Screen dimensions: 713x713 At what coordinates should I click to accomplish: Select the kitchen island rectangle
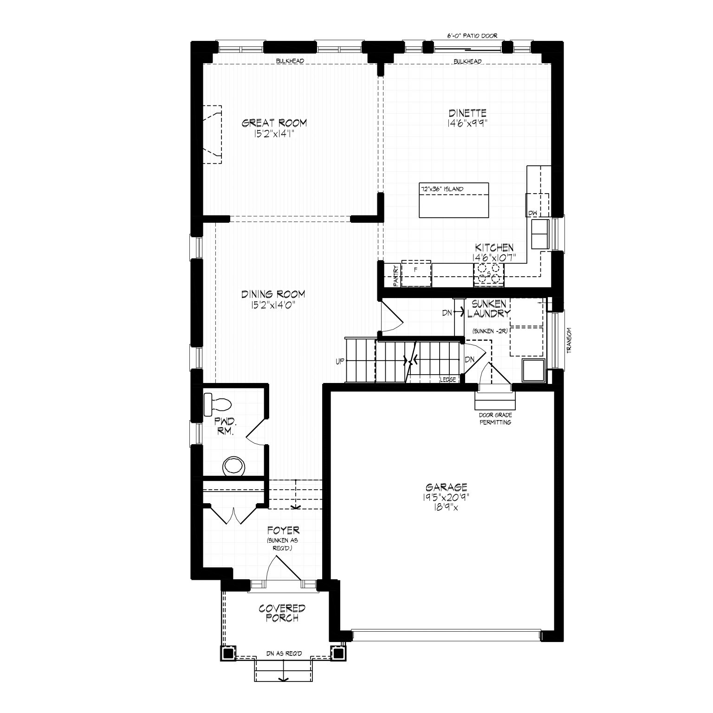pyautogui.click(x=454, y=200)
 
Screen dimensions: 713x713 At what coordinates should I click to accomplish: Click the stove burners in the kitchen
pyautogui.click(x=488, y=273)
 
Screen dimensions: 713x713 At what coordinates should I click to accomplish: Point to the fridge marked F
pyautogui.click(x=416, y=273)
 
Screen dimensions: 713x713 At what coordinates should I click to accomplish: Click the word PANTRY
pyautogui.click(x=395, y=275)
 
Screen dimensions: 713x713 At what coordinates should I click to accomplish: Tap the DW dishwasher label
pyautogui.click(x=532, y=213)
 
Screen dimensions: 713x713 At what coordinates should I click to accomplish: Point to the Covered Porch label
pyautogui.click(x=282, y=613)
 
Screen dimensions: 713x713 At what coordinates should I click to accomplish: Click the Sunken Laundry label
pyautogui.click(x=489, y=308)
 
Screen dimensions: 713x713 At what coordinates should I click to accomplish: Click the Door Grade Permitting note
pyautogui.click(x=495, y=419)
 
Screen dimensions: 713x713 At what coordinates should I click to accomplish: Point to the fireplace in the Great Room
pyautogui.click(x=213, y=134)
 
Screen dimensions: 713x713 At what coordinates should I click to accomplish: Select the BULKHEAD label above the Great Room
pyautogui.click(x=290, y=61)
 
